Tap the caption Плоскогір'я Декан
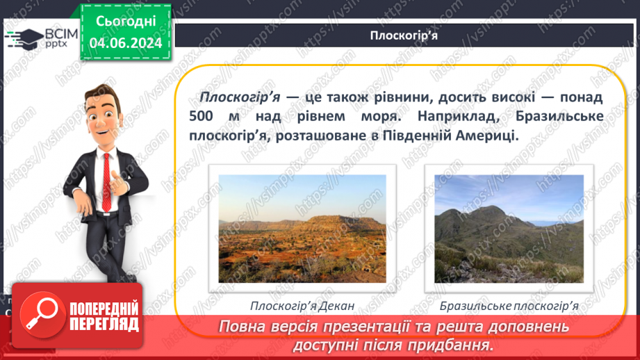302,305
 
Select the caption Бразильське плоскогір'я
509,305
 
